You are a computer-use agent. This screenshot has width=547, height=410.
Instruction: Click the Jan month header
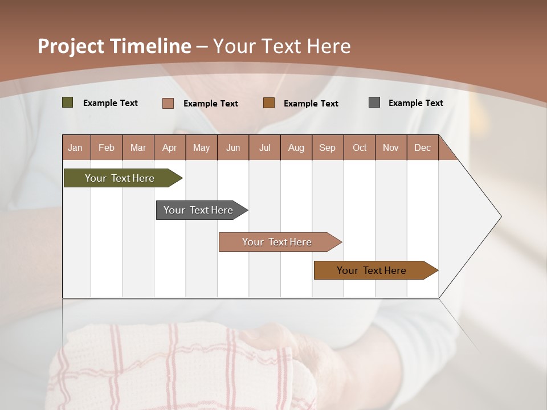point(76,147)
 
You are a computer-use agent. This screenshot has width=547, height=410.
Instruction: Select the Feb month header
point(107,147)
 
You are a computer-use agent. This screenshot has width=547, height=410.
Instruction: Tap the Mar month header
point(138,147)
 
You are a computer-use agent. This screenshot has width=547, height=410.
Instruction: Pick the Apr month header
point(170,147)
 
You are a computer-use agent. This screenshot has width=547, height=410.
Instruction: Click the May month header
point(201,147)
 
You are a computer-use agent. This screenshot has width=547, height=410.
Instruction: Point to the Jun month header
point(233,147)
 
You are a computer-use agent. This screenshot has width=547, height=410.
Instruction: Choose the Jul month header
point(264,147)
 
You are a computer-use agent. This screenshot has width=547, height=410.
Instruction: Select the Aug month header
point(296,147)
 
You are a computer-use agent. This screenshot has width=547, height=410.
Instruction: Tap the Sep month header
point(328,147)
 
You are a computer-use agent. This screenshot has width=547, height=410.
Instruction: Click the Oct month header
point(360,147)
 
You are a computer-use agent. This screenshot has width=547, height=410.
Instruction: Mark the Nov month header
point(391,147)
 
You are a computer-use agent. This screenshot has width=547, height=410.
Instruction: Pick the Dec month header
point(422,147)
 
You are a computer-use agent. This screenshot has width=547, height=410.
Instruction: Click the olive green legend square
point(68,102)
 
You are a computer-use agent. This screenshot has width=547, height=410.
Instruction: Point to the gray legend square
point(374,102)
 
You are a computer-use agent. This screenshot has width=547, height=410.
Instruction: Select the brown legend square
point(269,103)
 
